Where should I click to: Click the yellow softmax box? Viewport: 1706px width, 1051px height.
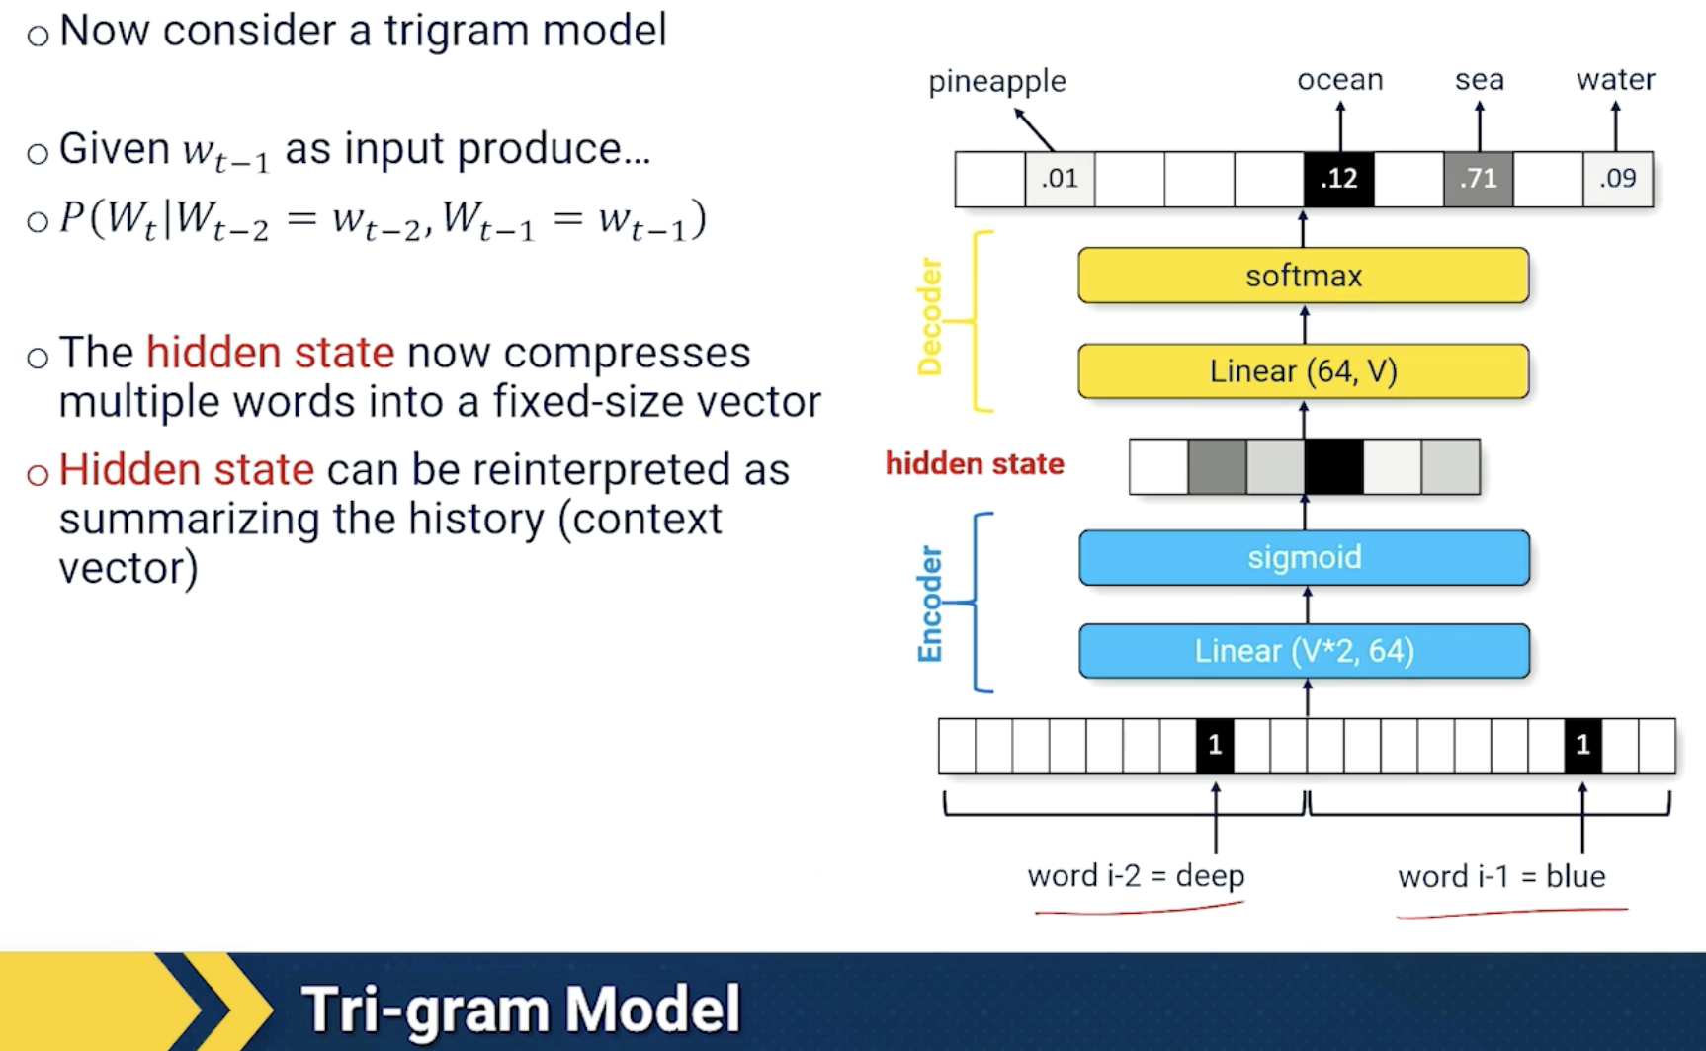[x=1303, y=275]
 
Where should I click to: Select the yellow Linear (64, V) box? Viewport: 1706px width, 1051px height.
[x=1303, y=371]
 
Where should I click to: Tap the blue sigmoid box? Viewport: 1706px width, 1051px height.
[x=1304, y=557]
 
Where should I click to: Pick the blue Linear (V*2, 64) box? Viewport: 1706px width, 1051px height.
[x=1304, y=651]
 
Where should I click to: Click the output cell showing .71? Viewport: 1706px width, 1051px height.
[x=1478, y=179]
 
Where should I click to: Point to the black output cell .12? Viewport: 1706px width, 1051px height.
[x=1338, y=179]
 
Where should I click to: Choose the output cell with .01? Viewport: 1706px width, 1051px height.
[x=1060, y=179]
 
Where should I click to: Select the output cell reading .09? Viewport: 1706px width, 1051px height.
[x=1618, y=179]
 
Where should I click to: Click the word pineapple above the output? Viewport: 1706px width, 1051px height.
[x=996, y=81]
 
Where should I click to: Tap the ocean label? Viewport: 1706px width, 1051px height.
[x=1339, y=79]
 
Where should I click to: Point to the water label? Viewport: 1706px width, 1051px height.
[x=1615, y=79]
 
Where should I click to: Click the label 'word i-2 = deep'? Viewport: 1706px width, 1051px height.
[x=1136, y=876]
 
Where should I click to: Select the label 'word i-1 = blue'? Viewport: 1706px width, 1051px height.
[x=1501, y=876]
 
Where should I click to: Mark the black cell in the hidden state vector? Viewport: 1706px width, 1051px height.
[x=1333, y=467]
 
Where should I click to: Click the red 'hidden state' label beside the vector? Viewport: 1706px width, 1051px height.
[x=975, y=463]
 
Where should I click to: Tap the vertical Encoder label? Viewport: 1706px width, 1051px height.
[x=930, y=604]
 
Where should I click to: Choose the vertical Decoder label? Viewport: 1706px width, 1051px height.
[x=930, y=317]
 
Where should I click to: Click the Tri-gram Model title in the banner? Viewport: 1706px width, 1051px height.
[x=521, y=1009]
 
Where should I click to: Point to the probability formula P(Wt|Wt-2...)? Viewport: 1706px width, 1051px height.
[x=383, y=220]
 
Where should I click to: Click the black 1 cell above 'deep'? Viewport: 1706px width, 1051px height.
[x=1215, y=746]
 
